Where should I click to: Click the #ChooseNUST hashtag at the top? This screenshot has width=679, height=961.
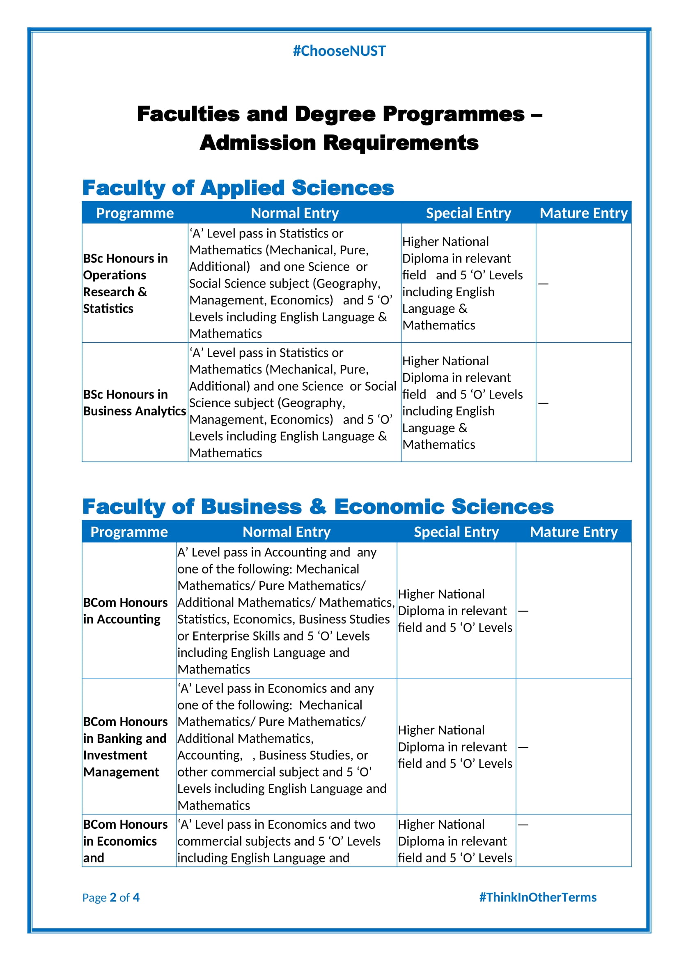coord(339,51)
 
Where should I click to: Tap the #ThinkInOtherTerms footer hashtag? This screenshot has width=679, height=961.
coord(538,897)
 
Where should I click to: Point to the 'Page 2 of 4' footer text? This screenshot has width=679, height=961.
coord(111,897)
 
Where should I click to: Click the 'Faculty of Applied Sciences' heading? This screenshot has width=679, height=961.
coord(238,187)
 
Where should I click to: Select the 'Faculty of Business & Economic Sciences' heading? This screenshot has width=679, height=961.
coord(318,507)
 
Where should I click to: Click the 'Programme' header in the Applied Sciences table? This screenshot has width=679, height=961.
coord(135,213)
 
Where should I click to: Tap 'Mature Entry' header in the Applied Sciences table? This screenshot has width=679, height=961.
coord(584,213)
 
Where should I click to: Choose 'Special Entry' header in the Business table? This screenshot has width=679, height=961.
coord(456,532)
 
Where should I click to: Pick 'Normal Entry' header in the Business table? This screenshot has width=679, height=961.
coord(287,532)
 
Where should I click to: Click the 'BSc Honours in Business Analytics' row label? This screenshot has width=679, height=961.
coord(134,403)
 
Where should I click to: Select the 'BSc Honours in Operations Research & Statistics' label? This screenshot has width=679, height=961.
coord(125,283)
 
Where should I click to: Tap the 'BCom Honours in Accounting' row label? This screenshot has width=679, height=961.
coord(125,611)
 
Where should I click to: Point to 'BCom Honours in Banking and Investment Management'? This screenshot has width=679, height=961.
coord(125,747)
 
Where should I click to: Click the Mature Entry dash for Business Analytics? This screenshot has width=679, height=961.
coord(543,403)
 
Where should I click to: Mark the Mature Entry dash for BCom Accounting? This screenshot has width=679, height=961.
coord(523,611)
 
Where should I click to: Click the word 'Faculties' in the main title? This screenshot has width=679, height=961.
coord(188,114)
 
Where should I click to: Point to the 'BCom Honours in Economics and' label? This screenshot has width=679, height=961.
coord(125,841)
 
